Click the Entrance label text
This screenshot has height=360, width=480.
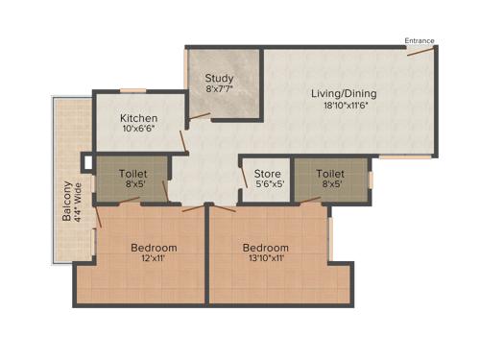click(x=419, y=40)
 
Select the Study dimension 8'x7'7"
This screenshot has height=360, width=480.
click(x=220, y=89)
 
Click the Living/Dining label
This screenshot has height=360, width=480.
click(x=344, y=94)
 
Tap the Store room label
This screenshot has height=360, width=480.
click(x=267, y=175)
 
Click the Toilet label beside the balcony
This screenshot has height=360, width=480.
click(x=132, y=174)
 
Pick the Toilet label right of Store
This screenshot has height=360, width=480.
click(x=330, y=174)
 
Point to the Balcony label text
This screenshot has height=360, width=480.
click(x=66, y=202)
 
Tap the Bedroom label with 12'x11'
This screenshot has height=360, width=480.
click(x=154, y=247)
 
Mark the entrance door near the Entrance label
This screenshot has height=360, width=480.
click(x=419, y=51)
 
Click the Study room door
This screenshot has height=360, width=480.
click(x=200, y=116)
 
